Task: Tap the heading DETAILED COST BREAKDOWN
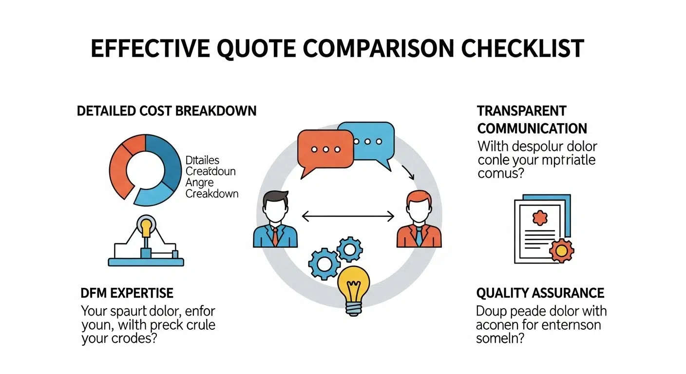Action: coord(167,111)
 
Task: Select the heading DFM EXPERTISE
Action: coord(127,293)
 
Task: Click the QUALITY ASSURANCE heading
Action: coord(540,293)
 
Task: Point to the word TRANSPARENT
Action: coord(522,111)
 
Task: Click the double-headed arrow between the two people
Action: coord(347,215)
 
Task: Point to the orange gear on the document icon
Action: coord(561,251)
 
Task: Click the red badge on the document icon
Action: coord(539,218)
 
